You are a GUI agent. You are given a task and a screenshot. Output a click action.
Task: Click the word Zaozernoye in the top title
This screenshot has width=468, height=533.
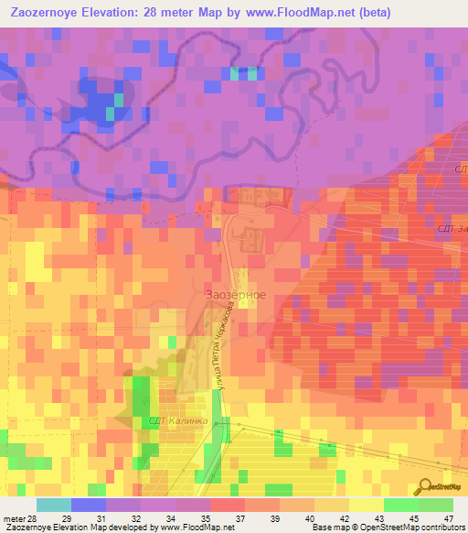click(46, 13)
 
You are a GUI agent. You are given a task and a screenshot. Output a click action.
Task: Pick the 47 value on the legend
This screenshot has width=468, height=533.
click(436, 518)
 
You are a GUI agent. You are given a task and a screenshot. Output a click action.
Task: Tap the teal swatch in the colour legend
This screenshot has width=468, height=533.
click(53, 505)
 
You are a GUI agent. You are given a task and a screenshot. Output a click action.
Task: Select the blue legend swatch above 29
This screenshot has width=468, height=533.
click(88, 505)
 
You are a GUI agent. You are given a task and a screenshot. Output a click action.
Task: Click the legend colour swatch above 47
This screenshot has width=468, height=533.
click(436, 505)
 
